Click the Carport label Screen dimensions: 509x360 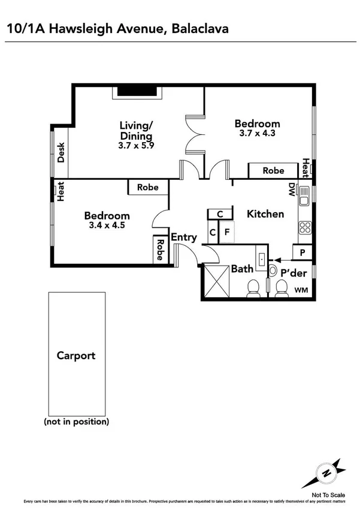tap(76, 356)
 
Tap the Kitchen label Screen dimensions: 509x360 tap(265, 214)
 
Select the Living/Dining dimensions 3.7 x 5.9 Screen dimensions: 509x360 tap(137, 144)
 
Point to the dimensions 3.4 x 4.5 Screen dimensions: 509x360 tap(107, 226)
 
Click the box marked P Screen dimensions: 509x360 tap(302, 252)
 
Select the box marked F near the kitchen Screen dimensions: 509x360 tap(226, 231)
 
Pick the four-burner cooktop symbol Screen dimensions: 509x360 tap(304, 228)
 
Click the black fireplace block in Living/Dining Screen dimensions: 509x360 tap(136, 91)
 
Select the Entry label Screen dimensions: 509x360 tap(184, 237)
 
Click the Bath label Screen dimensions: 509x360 tap(242, 269)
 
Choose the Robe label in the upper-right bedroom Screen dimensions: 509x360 tap(274, 170)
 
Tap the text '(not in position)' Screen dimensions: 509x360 tap(76, 421)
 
